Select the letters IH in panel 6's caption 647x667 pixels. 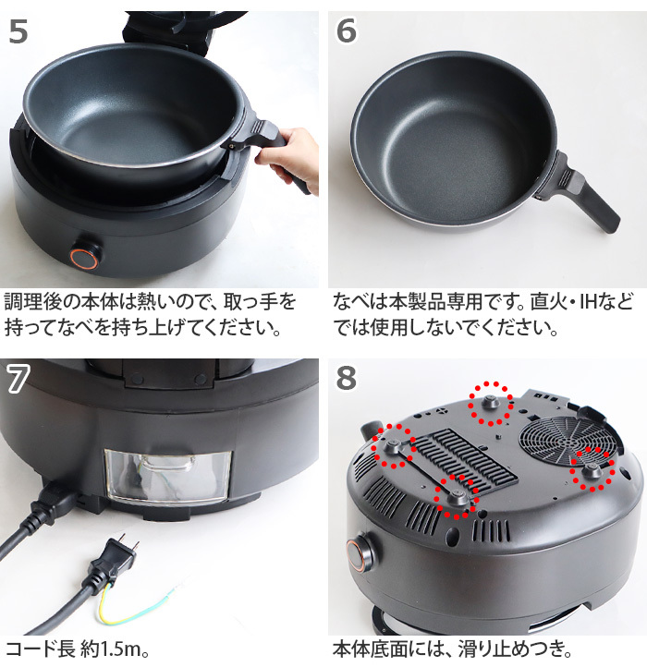pyautogui.click(x=602, y=302)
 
